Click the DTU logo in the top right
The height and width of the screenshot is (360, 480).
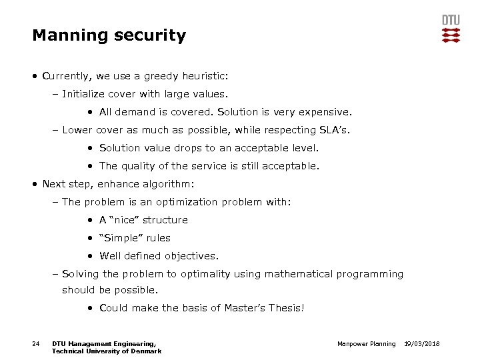(x=451, y=29)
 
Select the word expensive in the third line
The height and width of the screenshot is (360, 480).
(x=325, y=112)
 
